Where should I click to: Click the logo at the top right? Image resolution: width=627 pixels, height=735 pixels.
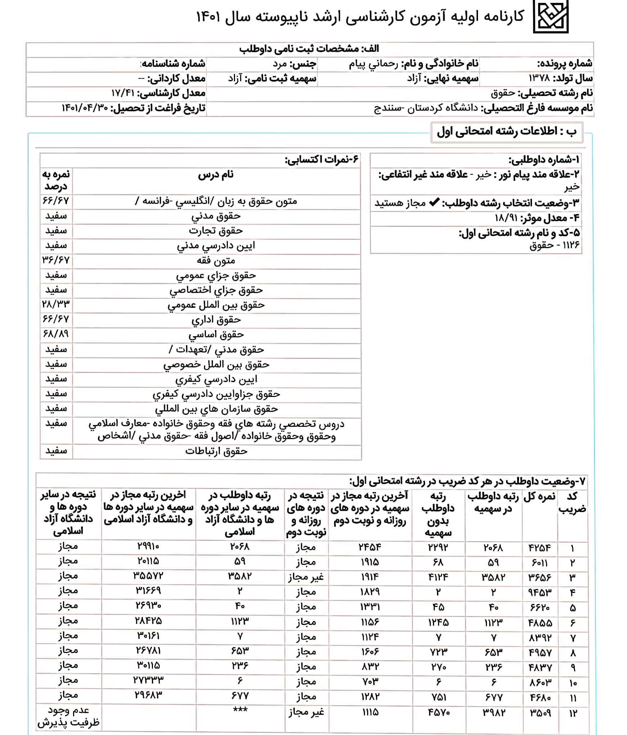(550, 17)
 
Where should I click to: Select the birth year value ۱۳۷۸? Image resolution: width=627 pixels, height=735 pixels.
(539, 78)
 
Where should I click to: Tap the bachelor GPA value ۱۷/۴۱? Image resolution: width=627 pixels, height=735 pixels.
(123, 93)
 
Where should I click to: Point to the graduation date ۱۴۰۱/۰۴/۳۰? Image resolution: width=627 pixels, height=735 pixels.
(85, 108)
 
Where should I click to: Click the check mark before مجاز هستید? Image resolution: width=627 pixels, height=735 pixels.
(435, 202)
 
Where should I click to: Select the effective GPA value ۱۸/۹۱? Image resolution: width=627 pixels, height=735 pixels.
(506, 218)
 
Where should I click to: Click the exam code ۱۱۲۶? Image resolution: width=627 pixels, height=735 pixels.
(571, 245)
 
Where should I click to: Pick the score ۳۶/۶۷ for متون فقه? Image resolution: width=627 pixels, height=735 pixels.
(56, 260)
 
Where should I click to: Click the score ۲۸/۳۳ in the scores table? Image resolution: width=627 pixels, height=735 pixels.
(56, 305)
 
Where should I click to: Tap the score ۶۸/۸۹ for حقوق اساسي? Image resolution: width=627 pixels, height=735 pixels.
(56, 334)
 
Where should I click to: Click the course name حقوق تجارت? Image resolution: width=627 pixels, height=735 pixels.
(216, 231)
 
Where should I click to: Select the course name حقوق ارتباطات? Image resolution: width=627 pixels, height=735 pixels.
(216, 451)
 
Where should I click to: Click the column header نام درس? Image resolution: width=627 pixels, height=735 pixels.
(216, 175)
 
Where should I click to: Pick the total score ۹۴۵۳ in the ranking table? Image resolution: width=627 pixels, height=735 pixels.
(540, 592)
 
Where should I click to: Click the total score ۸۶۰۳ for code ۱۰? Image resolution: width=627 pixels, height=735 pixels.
(540, 682)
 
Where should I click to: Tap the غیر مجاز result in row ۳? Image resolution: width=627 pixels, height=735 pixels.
(306, 577)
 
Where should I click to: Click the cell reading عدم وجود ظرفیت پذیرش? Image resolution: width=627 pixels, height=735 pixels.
(68, 716)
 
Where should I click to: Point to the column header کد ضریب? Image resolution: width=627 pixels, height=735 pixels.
(572, 503)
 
